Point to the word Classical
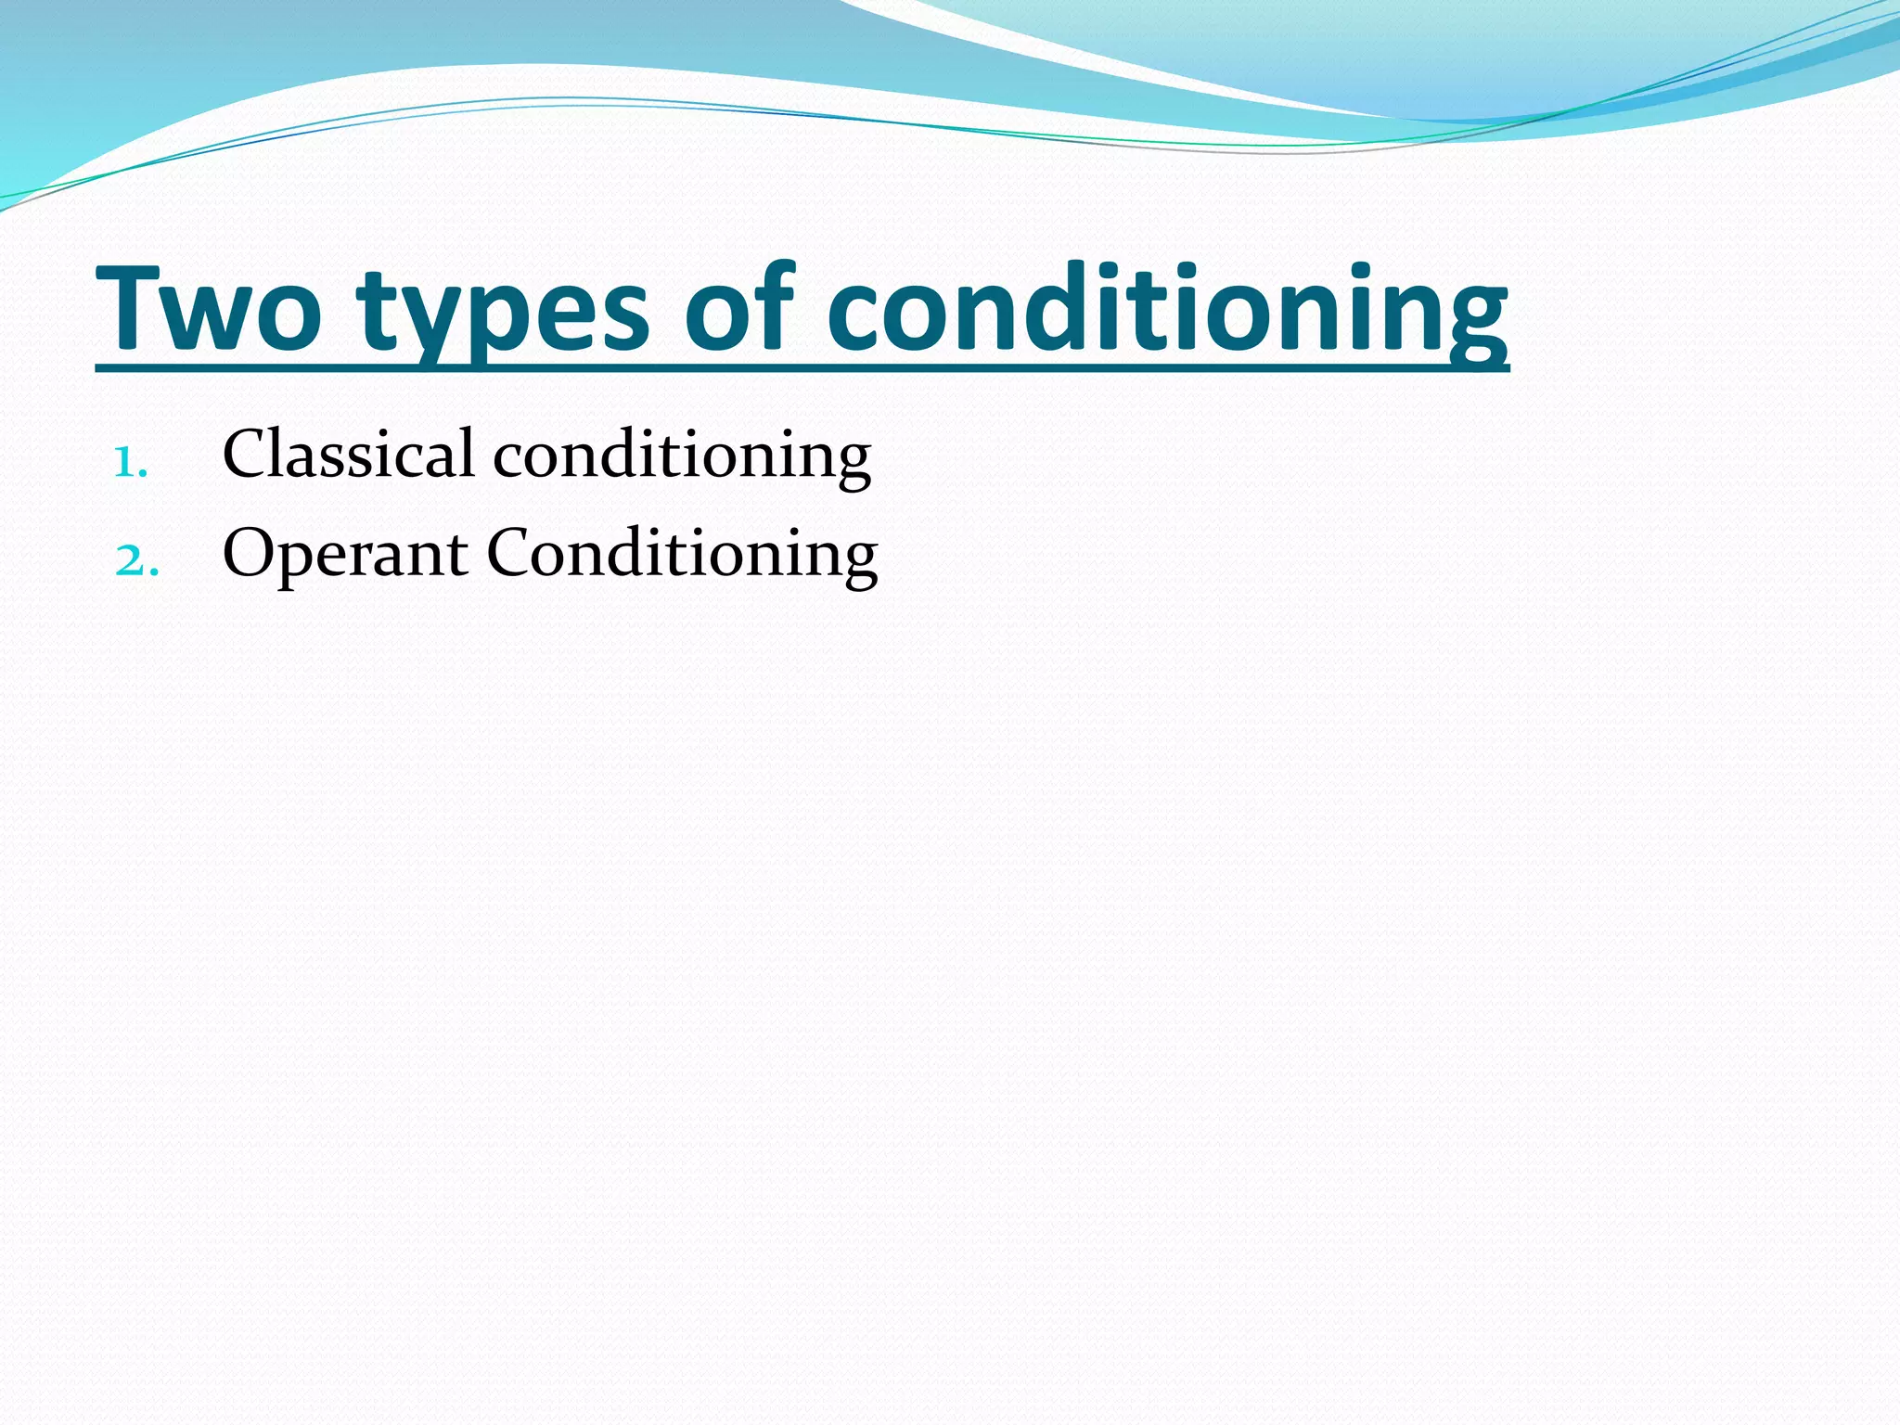[x=349, y=455]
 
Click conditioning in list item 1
[x=682, y=456]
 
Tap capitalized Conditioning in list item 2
[x=682, y=555]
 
